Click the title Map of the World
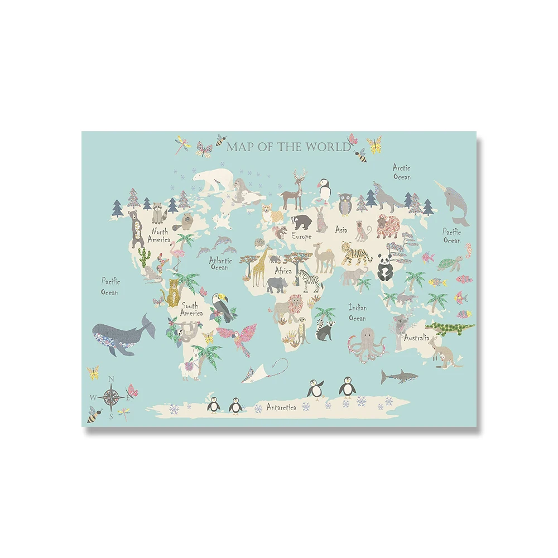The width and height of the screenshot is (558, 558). pos(288,147)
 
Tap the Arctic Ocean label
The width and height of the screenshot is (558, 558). pos(401,172)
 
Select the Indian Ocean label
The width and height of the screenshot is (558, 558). pos(357,312)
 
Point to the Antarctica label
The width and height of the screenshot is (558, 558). pos(284,407)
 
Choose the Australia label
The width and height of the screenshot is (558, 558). pos(416,338)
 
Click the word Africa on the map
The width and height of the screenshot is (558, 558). pos(283,271)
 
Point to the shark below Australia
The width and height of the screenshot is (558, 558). pos(398,377)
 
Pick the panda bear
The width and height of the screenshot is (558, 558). pos(384,266)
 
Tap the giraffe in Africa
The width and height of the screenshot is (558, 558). pos(259,267)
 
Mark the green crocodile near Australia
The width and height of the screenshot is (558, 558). pos(450,328)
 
